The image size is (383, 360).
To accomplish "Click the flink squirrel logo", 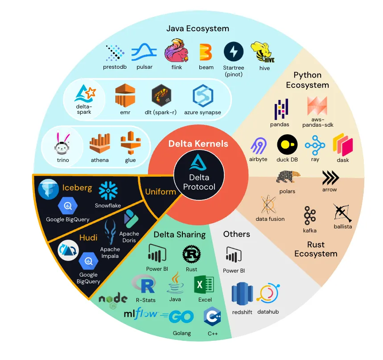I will point(174,50).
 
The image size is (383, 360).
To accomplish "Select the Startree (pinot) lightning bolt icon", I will point(233,52).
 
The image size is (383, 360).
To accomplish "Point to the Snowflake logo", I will point(108,190).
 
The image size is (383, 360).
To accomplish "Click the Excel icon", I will point(204,285).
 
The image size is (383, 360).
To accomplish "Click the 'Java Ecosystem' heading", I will point(198,29).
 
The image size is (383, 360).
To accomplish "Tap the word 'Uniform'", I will point(161,191).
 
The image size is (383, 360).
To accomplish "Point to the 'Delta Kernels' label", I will point(198,144).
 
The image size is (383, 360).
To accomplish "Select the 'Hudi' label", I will point(88,237).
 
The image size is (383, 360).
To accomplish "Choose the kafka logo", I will point(309,216).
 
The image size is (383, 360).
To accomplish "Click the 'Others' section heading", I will point(236,234).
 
